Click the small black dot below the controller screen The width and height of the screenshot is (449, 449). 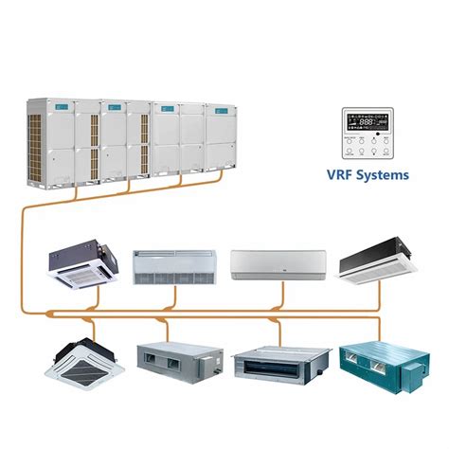(377, 135)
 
